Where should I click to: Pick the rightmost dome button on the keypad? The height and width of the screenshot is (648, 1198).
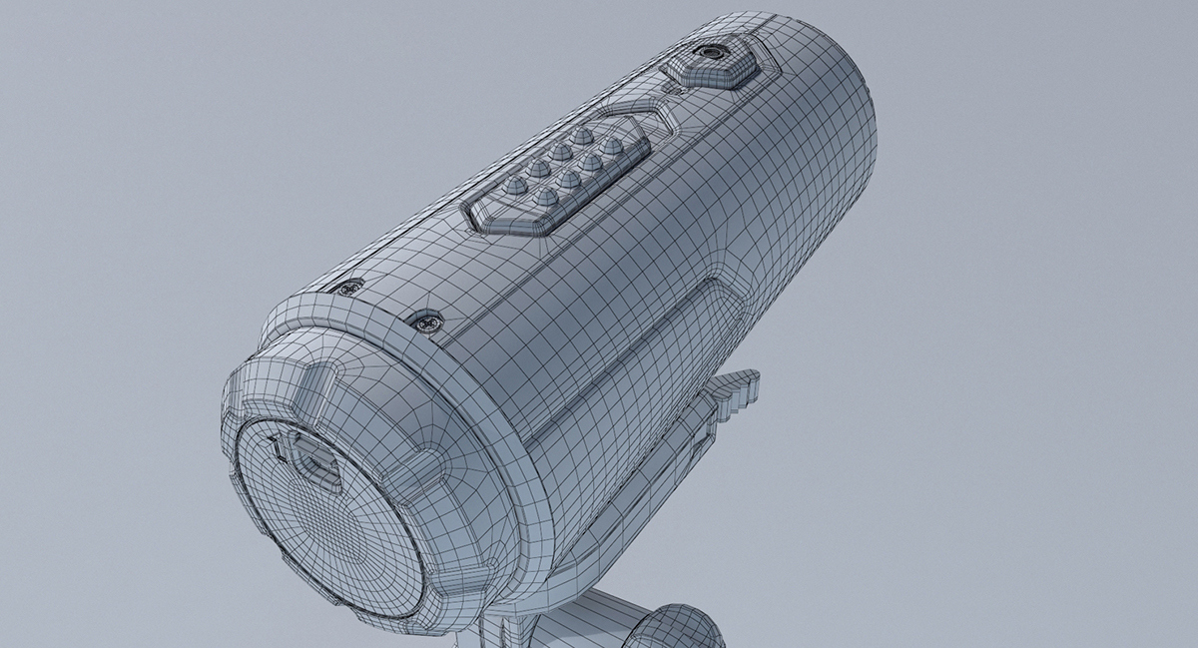(x=612, y=146)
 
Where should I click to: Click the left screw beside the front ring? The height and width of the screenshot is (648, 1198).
(x=347, y=289)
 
